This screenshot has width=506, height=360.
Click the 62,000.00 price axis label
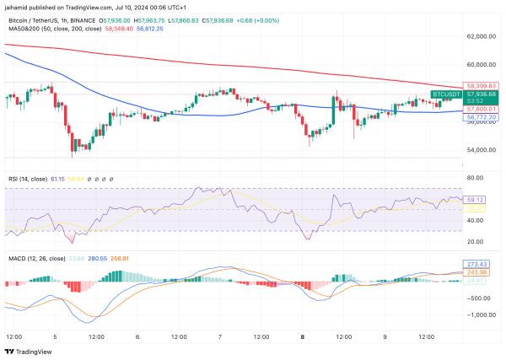click(x=483, y=37)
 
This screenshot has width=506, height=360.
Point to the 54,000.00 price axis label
click(x=483, y=151)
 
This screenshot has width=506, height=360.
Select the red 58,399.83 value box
click(x=482, y=86)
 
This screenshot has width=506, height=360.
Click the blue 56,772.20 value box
click(x=482, y=116)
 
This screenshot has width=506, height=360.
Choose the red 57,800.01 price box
click(x=482, y=109)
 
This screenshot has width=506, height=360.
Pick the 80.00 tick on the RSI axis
click(x=476, y=178)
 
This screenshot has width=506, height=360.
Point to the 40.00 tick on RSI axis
click(x=476, y=220)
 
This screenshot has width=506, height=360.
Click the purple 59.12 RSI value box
click(x=476, y=200)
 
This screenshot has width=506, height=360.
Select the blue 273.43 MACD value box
click(x=477, y=264)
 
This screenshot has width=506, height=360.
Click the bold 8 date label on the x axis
click(x=302, y=336)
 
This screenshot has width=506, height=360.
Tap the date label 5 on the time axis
click(x=55, y=336)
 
